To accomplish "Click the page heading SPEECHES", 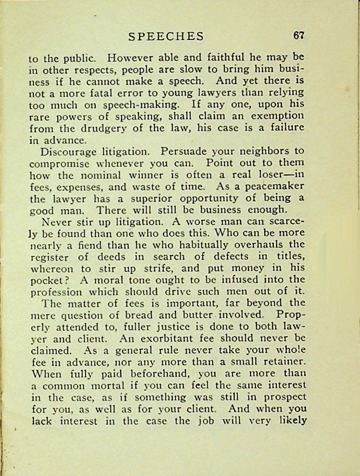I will pyautogui.click(x=166, y=37).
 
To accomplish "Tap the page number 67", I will pyautogui.click(x=299, y=35).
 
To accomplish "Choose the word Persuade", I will pyautogui.click(x=184, y=151).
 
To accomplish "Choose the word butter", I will pyautogui.click(x=196, y=315).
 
